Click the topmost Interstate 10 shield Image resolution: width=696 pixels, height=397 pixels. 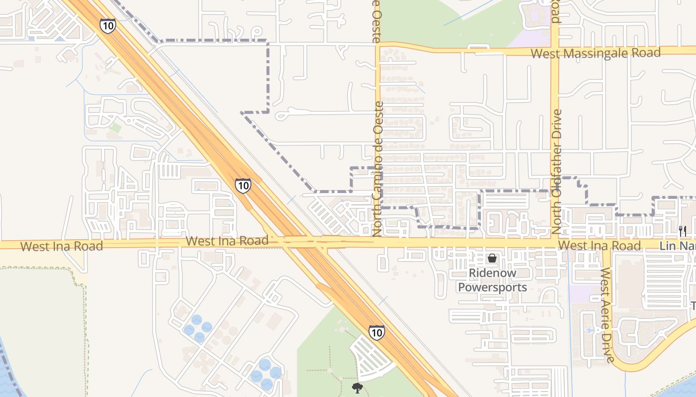[108, 25]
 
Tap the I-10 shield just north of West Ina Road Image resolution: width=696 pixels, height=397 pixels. [243, 186]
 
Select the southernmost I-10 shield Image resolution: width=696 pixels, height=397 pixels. [376, 332]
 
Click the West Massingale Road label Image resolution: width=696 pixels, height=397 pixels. [596, 53]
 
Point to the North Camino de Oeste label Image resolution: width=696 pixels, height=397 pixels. [378, 169]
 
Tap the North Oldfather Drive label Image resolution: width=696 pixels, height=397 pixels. [557, 171]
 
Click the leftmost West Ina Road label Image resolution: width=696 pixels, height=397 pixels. [62, 246]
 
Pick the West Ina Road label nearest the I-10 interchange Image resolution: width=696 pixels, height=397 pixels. [227, 241]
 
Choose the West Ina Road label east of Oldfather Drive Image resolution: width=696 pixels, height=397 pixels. [599, 246]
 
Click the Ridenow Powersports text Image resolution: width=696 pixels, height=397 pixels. [492, 280]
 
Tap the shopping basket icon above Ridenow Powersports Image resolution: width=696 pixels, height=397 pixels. [492, 258]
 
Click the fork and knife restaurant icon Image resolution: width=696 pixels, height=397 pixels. [683, 231]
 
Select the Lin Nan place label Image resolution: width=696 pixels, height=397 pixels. [677, 246]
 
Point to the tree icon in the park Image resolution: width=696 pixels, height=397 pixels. [357, 388]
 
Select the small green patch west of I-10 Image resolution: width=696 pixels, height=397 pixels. [115, 128]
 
